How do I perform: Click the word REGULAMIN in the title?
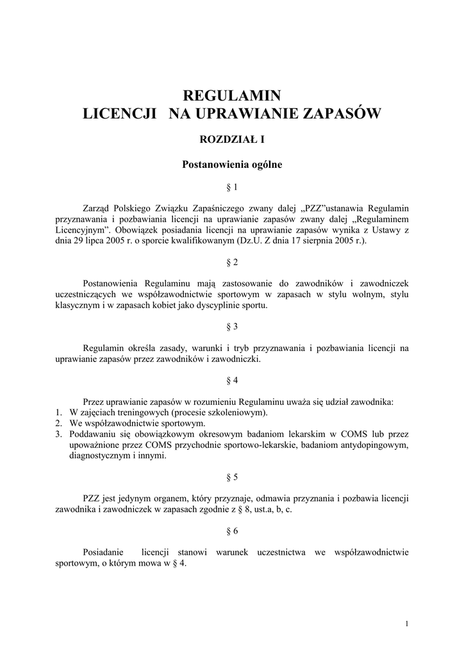(232, 96)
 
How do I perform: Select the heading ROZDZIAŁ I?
(232, 139)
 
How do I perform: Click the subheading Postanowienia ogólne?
(232, 164)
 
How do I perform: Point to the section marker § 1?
(232, 188)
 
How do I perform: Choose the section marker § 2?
(232, 263)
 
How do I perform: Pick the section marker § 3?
(232, 327)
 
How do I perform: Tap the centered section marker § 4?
(232, 381)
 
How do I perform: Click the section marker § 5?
(232, 477)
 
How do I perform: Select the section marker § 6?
(232, 531)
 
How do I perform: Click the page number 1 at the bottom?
(407, 624)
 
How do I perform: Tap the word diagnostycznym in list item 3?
(99, 456)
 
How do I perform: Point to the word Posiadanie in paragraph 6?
(105, 552)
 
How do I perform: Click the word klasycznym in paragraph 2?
(77, 306)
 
